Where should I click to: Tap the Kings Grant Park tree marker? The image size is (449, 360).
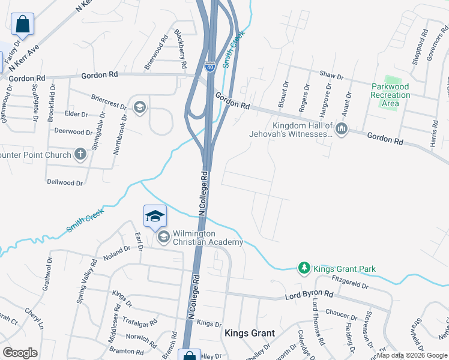[304, 268]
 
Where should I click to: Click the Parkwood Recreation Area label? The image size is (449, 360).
[390, 95]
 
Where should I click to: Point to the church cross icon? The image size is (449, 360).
[80, 155]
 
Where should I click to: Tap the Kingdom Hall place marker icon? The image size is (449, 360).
[342, 129]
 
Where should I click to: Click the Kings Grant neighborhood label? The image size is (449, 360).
[250, 333]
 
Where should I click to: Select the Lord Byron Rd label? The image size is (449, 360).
[309, 295]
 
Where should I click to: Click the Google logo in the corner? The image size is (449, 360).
[20, 353]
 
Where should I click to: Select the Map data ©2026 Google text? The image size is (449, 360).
[412, 355]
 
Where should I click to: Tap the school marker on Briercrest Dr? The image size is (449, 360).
[140, 107]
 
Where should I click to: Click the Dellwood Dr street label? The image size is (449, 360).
[64, 181]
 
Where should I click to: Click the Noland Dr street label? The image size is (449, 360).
[116, 252]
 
